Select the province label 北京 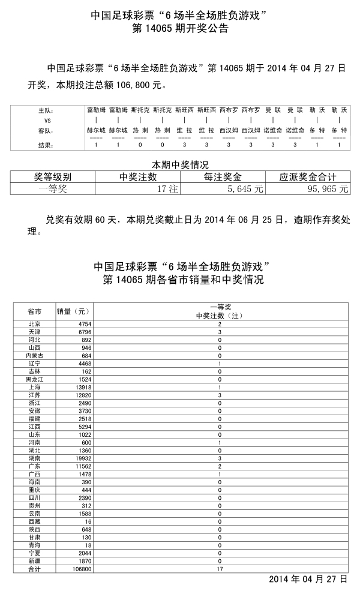tap(34, 324)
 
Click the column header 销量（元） tap(73, 311)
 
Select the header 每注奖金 tap(223, 177)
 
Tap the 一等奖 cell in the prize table tap(53, 188)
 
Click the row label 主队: tap(46, 111)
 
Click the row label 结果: tap(46, 145)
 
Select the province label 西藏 tap(34, 521)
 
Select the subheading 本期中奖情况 tap(180, 164)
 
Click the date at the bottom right tap(308, 579)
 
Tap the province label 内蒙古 tap(34, 356)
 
